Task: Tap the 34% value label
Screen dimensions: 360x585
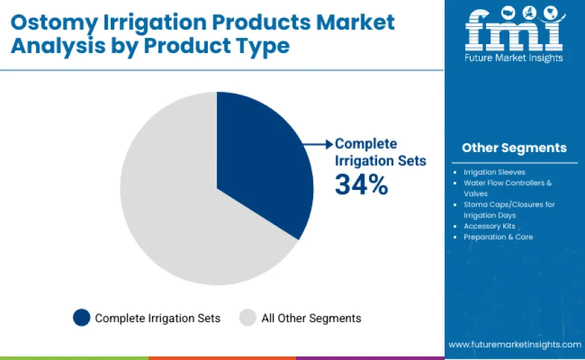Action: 361,185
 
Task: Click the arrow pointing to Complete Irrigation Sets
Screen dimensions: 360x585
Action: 318,144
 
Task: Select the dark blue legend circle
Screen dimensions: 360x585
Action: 82,317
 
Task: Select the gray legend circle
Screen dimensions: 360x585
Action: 247,317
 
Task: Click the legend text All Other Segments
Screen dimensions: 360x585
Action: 311,318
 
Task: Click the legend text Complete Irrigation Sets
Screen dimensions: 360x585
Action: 158,318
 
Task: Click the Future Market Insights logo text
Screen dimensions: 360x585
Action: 514,58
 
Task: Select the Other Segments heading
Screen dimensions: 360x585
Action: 514,147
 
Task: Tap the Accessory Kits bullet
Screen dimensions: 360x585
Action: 489,226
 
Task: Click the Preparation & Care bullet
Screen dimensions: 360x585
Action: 498,237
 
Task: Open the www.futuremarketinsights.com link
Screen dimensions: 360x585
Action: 514,343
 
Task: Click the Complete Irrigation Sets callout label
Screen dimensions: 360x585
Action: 380,152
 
